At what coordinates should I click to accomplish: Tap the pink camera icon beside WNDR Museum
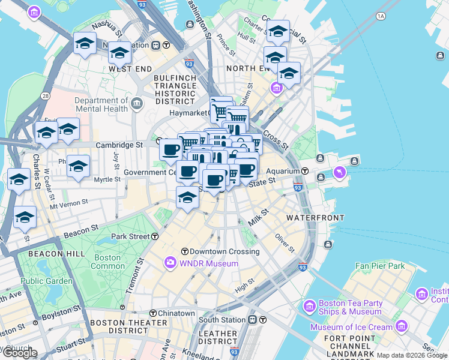point(170,263)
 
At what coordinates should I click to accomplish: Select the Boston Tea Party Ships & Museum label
point(351,307)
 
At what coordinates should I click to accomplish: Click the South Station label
point(222,320)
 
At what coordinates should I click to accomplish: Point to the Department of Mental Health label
point(101,104)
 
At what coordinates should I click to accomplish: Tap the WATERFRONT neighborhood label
point(315,217)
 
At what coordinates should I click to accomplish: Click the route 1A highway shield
point(381,16)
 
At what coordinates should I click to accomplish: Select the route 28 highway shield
point(45,96)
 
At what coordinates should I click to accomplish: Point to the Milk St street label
point(259,217)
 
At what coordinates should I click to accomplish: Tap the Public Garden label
point(41,280)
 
